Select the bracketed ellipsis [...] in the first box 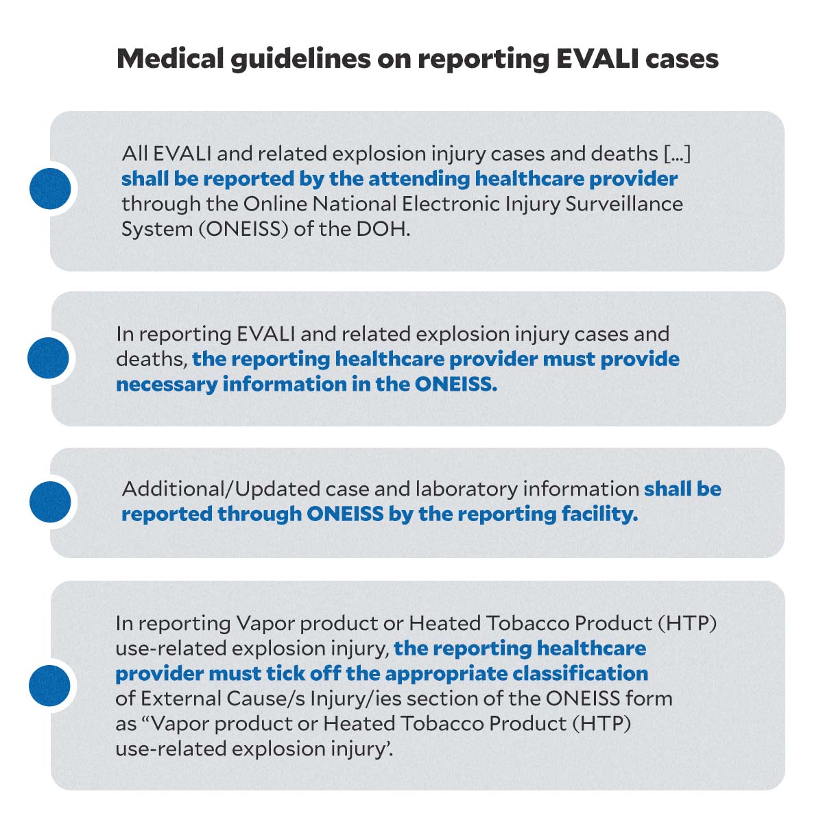(678, 154)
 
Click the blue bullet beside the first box (51, 189)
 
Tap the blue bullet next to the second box (49, 358)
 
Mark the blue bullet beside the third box (50, 502)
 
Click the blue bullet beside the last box (49, 686)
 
